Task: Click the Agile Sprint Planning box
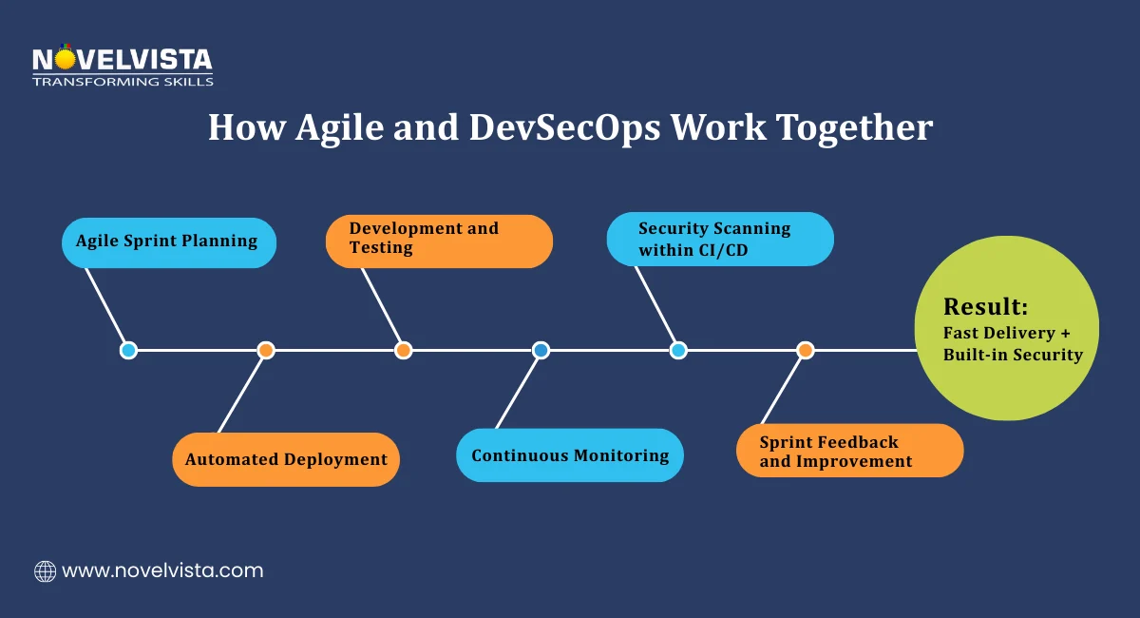click(x=169, y=241)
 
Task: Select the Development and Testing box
click(x=439, y=241)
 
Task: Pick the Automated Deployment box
click(x=286, y=460)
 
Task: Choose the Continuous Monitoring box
click(x=570, y=455)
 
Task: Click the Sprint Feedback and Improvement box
click(x=849, y=451)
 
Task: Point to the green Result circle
click(x=1006, y=329)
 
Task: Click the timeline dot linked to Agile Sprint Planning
click(x=128, y=350)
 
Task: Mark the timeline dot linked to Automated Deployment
click(x=266, y=350)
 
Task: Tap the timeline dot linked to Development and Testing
click(x=403, y=350)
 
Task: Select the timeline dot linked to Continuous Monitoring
click(x=541, y=350)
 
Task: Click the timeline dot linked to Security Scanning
click(x=678, y=350)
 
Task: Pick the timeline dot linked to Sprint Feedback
click(x=806, y=350)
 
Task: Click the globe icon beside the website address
click(x=45, y=571)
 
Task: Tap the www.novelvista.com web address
click(x=162, y=571)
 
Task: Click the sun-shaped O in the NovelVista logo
click(x=65, y=59)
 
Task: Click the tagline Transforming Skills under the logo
click(x=123, y=82)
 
